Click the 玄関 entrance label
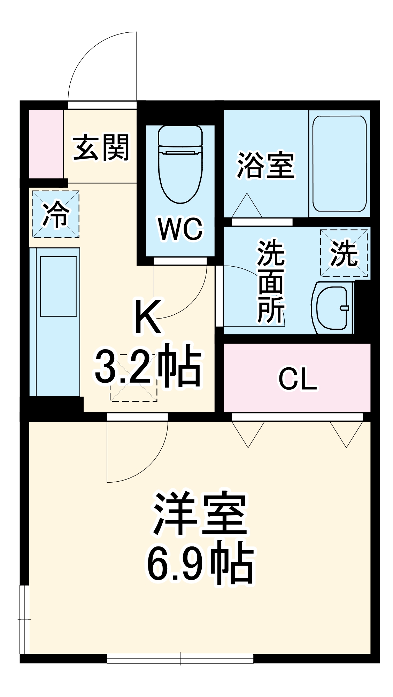(101, 148)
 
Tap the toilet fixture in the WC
(180, 164)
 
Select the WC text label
(180, 229)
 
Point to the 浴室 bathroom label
(266, 165)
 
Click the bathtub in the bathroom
(339, 163)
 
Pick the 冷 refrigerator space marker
(56, 214)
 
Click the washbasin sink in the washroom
(333, 307)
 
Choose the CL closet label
(298, 379)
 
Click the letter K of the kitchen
(148, 317)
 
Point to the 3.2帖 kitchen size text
(148, 366)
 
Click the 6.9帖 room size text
(200, 564)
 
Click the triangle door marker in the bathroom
(247, 206)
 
